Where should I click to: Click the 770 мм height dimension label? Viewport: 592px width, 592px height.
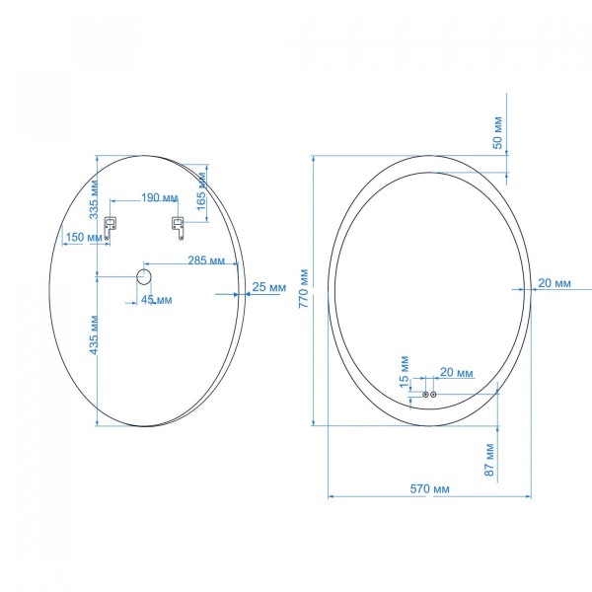[x=304, y=288]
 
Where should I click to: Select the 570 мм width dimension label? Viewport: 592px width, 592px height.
[x=429, y=489]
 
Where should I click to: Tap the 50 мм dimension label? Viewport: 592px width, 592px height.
[x=498, y=132]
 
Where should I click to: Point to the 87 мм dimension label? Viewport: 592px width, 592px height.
[x=489, y=460]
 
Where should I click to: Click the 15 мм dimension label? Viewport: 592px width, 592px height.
[x=404, y=372]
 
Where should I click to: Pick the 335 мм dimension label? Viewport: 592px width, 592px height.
[x=94, y=199]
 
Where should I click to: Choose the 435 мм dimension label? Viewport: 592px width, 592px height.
[x=94, y=334]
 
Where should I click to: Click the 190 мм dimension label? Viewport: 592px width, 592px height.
[x=159, y=198]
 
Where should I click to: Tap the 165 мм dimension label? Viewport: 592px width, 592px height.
[x=202, y=191]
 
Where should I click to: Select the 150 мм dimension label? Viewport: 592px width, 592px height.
[x=84, y=237]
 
